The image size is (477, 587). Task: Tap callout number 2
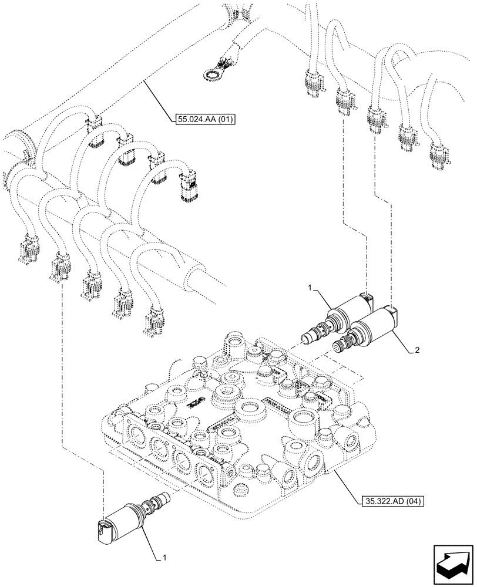(x=416, y=350)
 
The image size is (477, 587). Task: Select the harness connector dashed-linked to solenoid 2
(x=374, y=117)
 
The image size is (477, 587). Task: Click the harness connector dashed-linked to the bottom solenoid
(x=61, y=267)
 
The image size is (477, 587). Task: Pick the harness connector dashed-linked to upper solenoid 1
(x=342, y=100)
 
